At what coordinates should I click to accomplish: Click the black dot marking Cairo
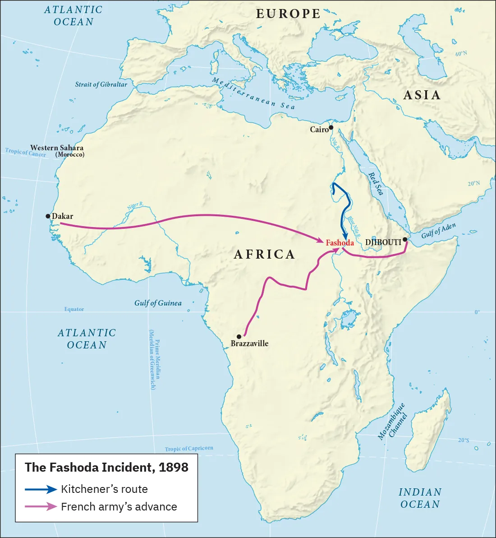[x=331, y=128]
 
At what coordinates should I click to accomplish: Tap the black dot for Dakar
[x=48, y=216]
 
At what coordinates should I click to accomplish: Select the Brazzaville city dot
[x=239, y=337]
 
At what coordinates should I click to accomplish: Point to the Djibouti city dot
[x=405, y=239]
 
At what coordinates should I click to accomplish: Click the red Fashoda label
[x=340, y=243]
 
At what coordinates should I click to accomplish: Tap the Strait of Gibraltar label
[x=101, y=84]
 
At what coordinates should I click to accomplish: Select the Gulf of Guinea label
[x=158, y=303]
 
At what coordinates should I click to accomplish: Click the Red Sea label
[x=376, y=184]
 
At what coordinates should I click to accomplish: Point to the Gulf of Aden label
[x=438, y=231]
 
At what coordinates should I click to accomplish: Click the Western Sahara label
[x=57, y=148]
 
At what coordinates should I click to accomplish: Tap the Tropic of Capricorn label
[x=189, y=449]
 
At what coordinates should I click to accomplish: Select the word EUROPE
[x=288, y=14]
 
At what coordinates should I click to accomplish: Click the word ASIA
[x=422, y=95]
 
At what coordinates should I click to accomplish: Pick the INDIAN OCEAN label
[x=420, y=498]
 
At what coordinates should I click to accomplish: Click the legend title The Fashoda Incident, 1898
[x=106, y=467]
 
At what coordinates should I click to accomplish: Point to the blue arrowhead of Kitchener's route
[x=345, y=237]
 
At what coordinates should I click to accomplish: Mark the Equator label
[x=74, y=309]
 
